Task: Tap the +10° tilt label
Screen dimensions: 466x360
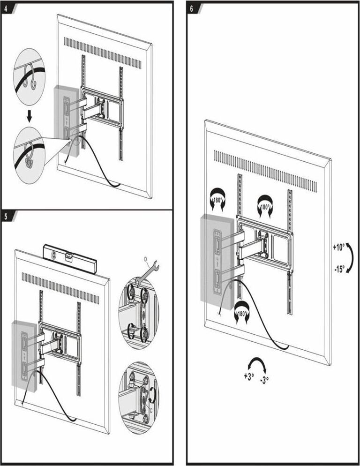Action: coord(339,248)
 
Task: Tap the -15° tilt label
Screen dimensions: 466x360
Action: coord(339,269)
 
